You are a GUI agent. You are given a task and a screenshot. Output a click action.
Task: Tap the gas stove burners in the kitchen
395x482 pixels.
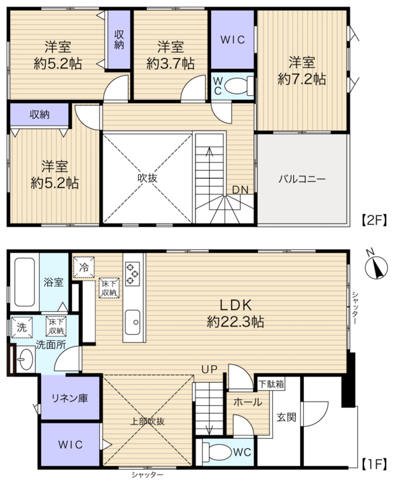(133, 273)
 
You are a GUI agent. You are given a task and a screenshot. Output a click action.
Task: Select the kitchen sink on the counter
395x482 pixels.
(133, 322)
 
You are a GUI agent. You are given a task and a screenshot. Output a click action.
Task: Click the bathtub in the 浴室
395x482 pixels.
(24, 282)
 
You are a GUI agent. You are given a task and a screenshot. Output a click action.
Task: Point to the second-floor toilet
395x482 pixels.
(239, 86)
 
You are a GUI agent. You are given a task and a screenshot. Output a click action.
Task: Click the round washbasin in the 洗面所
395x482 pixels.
(26, 358)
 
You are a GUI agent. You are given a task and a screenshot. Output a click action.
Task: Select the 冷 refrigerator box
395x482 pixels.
(84, 267)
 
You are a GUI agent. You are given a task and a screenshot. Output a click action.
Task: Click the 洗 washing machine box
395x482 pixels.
(22, 327)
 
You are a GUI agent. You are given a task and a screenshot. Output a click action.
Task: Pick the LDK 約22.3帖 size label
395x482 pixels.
(235, 313)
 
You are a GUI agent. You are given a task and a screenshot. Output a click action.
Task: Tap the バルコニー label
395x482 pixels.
(302, 179)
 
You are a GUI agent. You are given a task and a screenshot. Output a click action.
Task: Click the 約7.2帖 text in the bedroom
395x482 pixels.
(302, 79)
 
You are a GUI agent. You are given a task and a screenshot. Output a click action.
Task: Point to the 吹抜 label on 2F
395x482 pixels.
(148, 178)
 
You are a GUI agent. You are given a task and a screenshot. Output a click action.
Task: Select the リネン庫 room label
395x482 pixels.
(69, 398)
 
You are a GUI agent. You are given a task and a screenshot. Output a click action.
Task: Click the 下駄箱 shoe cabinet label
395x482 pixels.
(271, 384)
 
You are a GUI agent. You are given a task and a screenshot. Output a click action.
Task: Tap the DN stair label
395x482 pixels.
(240, 190)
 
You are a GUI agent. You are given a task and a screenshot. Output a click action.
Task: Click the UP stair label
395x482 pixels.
(210, 369)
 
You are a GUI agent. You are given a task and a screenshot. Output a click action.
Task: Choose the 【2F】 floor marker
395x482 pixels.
(373, 220)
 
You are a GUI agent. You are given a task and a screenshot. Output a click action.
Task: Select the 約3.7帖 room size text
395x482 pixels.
(171, 64)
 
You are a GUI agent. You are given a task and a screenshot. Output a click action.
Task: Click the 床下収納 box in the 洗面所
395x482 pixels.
(56, 327)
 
